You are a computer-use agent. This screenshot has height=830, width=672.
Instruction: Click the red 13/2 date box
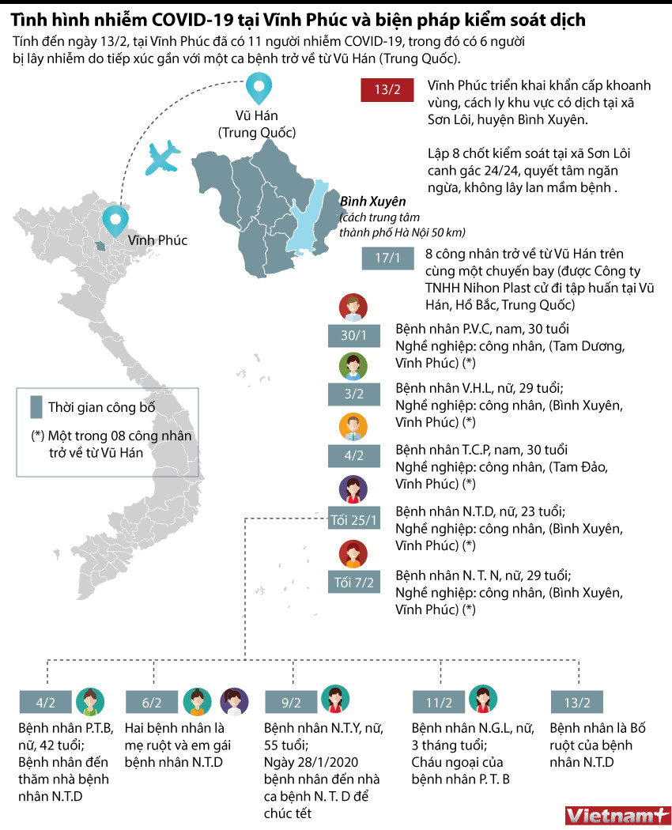click(x=387, y=90)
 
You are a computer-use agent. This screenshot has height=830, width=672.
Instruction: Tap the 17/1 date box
click(x=387, y=258)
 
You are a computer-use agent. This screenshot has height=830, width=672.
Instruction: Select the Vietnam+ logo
click(x=617, y=814)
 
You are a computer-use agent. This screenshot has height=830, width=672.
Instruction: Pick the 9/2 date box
click(x=291, y=702)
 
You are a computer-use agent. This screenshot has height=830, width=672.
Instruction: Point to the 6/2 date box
click(x=151, y=702)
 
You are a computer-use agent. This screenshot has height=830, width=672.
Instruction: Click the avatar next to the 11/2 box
click(x=482, y=700)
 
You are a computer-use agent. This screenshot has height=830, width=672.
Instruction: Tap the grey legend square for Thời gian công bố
click(x=36, y=407)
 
